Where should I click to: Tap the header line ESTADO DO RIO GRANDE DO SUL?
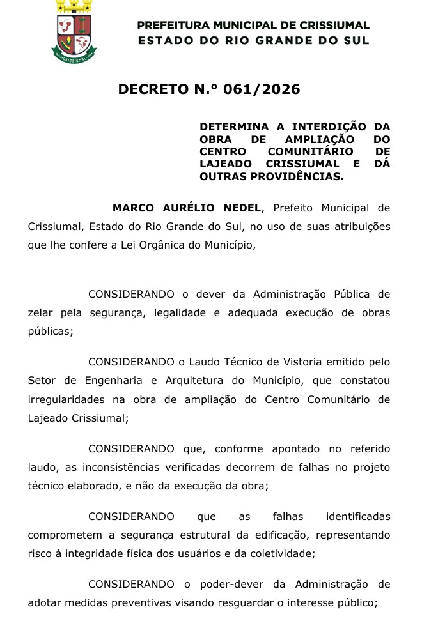pyautogui.click(x=254, y=41)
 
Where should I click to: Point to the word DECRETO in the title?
pyautogui.click(x=155, y=89)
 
